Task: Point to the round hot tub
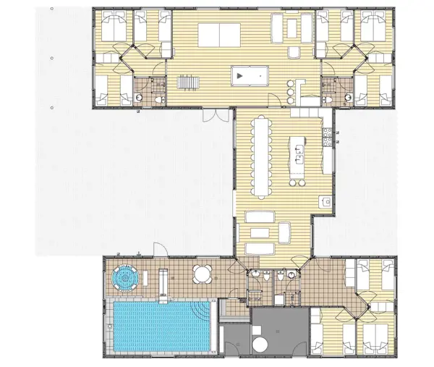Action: [127, 277]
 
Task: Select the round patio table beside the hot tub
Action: [202, 275]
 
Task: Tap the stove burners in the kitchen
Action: [328, 135]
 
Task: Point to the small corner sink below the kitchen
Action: [325, 203]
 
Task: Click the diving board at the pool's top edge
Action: [164, 289]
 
